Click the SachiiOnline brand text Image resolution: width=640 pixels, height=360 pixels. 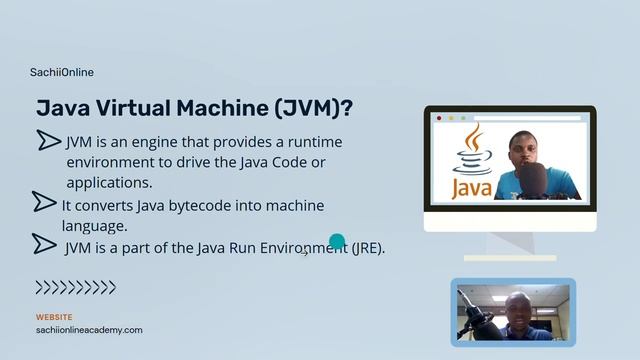[x=62, y=72]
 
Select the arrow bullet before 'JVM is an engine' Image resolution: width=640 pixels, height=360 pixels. [x=49, y=140]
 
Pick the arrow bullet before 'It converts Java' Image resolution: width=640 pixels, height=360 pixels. [x=44, y=203]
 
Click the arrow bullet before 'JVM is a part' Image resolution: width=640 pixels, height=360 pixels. [x=44, y=243]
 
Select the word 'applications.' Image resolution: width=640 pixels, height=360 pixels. [x=109, y=183]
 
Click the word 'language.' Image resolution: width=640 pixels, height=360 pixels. [x=94, y=226]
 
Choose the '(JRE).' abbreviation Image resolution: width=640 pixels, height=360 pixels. [x=367, y=248]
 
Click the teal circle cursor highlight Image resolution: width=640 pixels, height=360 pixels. [x=337, y=241]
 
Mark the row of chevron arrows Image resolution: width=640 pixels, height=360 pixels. [x=76, y=288]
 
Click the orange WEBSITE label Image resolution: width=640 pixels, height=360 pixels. [x=54, y=317]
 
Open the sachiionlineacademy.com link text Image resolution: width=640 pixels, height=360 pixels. [x=89, y=330]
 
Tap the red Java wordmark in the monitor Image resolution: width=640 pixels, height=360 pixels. [x=471, y=187]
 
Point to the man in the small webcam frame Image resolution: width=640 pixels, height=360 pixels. [x=517, y=315]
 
